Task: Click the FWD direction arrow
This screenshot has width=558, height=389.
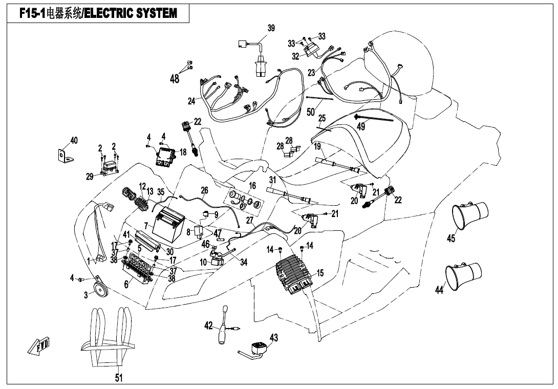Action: (39, 347)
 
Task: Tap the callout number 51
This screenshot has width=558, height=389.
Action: (119, 378)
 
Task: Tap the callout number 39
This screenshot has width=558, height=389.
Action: (271, 28)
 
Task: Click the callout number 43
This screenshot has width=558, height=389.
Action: (274, 338)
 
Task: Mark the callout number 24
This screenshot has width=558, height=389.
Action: (191, 101)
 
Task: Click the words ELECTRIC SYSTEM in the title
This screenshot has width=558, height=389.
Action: (130, 13)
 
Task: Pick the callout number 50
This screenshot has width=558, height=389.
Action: (311, 111)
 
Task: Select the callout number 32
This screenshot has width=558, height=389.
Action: (295, 56)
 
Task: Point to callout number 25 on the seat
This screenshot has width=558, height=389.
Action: (322, 118)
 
